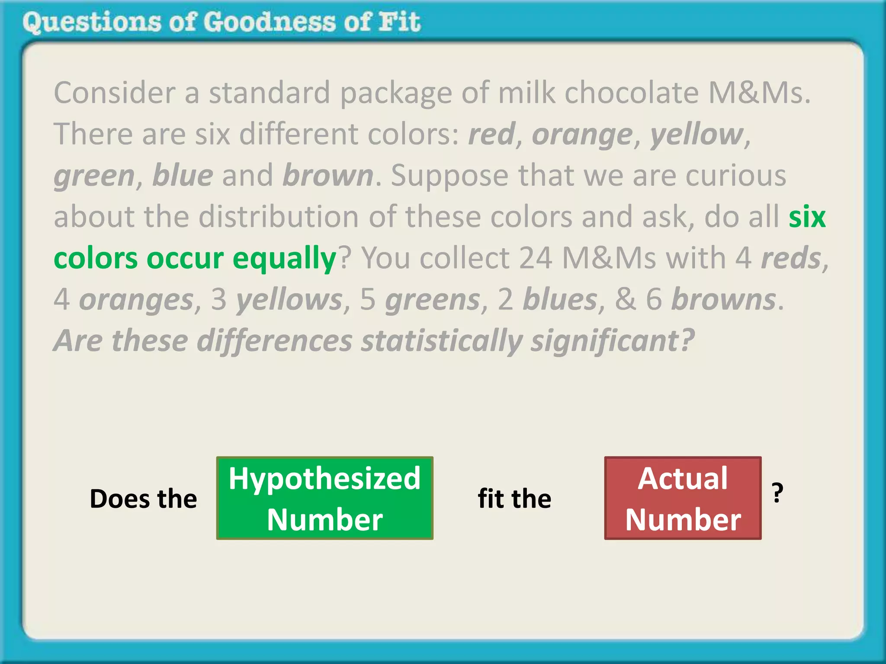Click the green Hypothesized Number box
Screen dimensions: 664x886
pos(324,498)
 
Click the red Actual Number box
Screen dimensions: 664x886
pos(683,498)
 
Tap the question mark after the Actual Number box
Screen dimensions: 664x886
pos(777,493)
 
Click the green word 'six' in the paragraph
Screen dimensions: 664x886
pos(807,217)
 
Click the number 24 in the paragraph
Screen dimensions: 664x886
pos(536,258)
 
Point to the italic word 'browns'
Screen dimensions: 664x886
pos(723,300)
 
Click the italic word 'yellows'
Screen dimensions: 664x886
pos(289,300)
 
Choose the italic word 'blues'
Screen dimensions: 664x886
pos(560,300)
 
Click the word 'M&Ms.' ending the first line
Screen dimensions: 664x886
pos(759,93)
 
